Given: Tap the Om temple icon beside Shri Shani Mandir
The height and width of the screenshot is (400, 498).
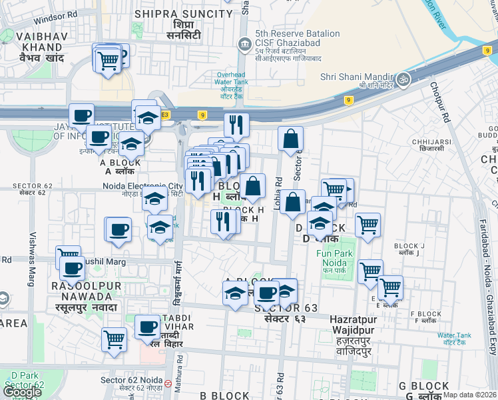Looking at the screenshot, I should pos(402,79).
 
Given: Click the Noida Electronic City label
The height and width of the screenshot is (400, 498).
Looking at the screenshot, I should pos(142,186).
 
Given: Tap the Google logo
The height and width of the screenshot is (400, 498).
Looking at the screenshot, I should pos(22,392).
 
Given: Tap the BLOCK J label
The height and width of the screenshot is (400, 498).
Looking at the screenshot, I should pos(409,246).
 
